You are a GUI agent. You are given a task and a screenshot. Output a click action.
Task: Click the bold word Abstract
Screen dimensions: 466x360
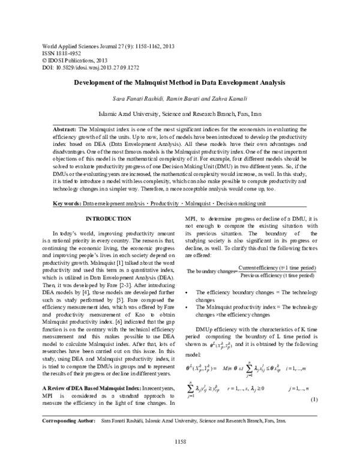[x=64, y=129]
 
